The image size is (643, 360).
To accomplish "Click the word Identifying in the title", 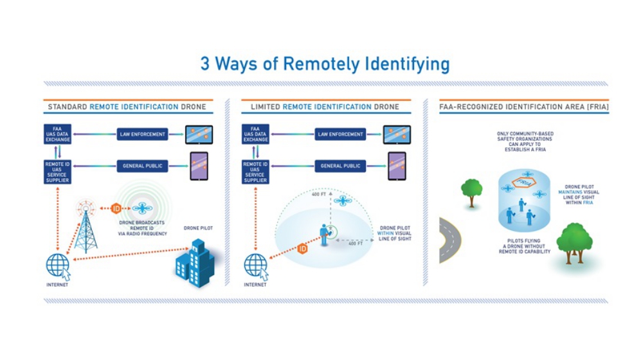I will click(x=406, y=64).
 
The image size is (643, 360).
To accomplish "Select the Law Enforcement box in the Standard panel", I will click(x=143, y=135).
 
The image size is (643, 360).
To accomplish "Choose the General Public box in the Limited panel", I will click(x=341, y=166).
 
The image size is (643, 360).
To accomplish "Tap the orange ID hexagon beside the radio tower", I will click(x=116, y=208).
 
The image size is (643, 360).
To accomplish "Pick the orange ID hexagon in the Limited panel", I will click(x=303, y=248).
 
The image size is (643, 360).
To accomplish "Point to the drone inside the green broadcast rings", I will click(x=142, y=207).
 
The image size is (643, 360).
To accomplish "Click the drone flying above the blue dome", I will click(x=342, y=200).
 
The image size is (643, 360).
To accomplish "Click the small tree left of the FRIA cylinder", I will click(x=471, y=190).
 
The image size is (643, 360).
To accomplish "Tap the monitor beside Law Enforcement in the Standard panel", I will click(x=199, y=135).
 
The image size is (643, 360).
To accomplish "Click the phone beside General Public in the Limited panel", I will click(x=396, y=166).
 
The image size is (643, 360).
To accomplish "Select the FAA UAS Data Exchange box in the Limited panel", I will click(x=255, y=135).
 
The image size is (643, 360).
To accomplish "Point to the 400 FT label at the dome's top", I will click(x=319, y=194).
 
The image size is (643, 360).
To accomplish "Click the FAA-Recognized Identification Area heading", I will click(x=523, y=106).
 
